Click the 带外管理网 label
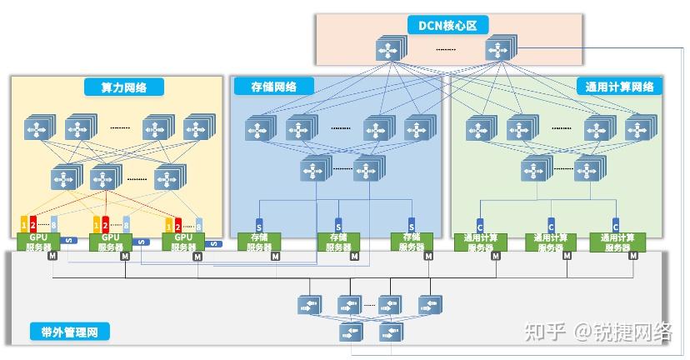(x=69, y=332)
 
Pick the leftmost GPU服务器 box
(x=38, y=242)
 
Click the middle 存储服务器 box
(x=338, y=242)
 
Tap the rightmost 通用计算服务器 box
(x=616, y=242)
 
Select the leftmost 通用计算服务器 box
(x=477, y=242)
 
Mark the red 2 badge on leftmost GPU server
(x=34, y=224)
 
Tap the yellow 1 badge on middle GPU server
(x=97, y=224)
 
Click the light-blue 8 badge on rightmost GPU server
(x=198, y=224)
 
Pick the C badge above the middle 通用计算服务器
(x=550, y=224)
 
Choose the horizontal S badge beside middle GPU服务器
(x=142, y=243)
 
